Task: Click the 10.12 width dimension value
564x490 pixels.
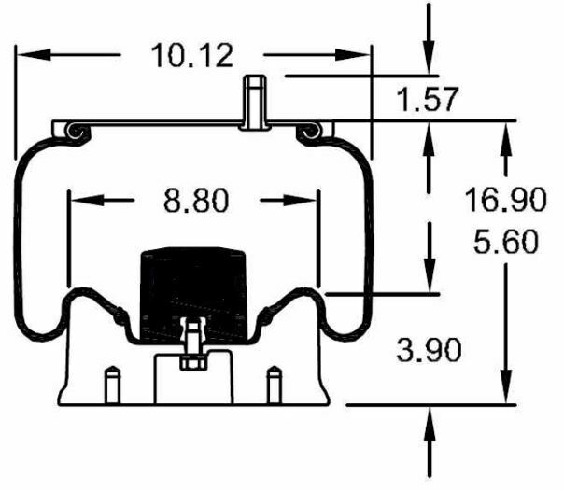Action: point(191,55)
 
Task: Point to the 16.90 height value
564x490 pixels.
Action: point(504,198)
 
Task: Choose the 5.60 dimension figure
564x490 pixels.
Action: point(504,242)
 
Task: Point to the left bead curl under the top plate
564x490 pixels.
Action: point(75,135)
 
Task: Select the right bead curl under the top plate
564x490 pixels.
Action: point(311,135)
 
